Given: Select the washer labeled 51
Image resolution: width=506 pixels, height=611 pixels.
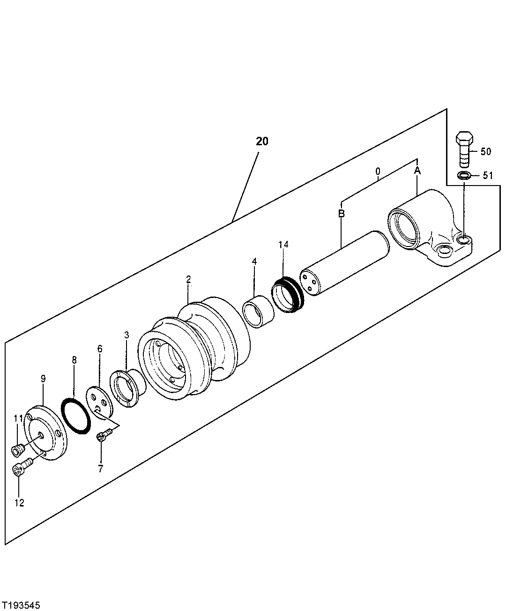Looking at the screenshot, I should [x=464, y=176].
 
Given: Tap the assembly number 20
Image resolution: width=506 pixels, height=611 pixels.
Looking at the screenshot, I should [x=262, y=141].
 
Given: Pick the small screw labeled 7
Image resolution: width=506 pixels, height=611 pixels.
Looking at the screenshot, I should [x=102, y=437].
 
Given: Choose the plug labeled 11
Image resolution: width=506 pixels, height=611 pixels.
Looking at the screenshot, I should [x=17, y=450].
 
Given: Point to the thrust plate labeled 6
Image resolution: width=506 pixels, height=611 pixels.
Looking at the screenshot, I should [x=100, y=402].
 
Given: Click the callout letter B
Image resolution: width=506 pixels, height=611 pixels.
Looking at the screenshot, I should [x=342, y=214].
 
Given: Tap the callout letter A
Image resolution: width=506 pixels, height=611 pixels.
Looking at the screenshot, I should [x=417, y=171].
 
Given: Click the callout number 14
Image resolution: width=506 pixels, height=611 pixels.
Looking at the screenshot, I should [x=283, y=244].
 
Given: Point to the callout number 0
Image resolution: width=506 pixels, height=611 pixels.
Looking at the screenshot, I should [x=378, y=172].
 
